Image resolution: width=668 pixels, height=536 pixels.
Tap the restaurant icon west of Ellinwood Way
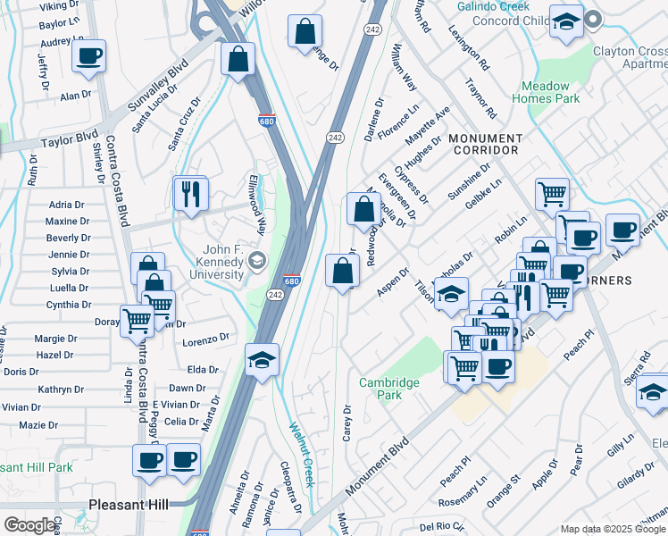click(x=190, y=194)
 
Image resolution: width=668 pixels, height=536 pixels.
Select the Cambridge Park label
click(x=389, y=389)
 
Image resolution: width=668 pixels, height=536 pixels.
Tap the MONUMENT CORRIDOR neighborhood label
click(x=485, y=146)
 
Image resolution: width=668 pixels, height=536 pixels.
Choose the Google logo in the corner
click(x=29, y=525)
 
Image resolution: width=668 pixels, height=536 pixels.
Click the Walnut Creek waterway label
click(x=296, y=441)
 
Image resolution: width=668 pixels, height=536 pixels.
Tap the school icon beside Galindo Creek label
click(x=565, y=22)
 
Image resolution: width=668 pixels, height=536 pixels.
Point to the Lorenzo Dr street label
click(x=206, y=339)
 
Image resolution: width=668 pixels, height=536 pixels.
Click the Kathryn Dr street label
click(x=61, y=389)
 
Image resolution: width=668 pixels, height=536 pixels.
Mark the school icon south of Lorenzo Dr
click(x=263, y=360)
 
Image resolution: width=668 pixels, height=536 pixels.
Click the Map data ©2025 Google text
click(x=614, y=529)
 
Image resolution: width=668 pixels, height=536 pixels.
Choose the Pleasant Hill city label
click(x=129, y=505)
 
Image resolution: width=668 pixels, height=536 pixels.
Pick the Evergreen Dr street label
click(x=397, y=195)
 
